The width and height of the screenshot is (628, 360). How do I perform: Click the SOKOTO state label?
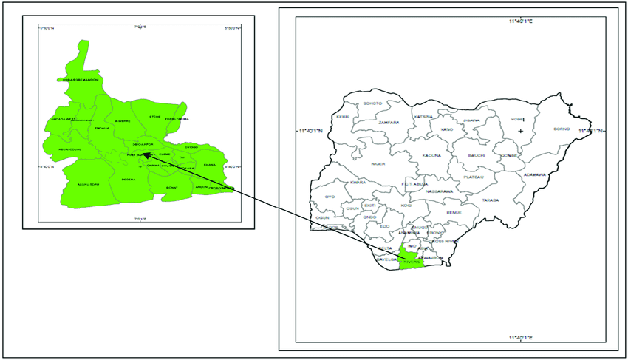coord(373,103)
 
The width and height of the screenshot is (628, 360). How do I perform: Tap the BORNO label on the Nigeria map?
coord(562,129)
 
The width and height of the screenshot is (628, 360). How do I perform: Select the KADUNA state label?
coord(432,155)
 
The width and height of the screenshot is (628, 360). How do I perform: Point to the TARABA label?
coord(491,200)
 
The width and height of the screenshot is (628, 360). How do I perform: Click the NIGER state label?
coord(378,164)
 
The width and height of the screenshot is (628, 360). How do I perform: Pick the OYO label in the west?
coord(330,197)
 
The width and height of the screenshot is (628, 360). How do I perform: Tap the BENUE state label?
coord(454,212)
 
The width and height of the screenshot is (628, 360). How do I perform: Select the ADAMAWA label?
coord(533,175)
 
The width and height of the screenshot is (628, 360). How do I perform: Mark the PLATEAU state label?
coord(473,177)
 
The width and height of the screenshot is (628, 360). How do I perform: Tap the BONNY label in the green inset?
coord(172,188)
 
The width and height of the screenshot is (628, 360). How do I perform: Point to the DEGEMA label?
coord(129,179)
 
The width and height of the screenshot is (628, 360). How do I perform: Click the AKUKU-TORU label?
coord(88,183)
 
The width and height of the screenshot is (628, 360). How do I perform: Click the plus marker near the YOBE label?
coord(521,131)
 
